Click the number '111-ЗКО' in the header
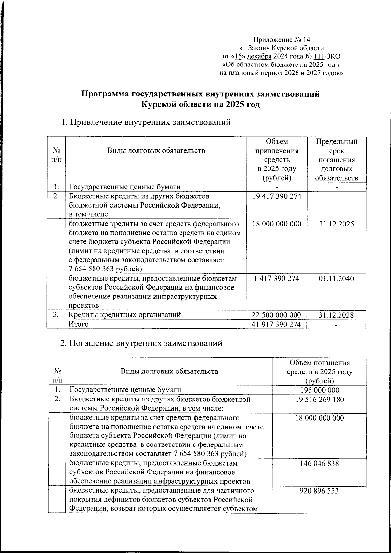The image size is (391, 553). click(325, 56)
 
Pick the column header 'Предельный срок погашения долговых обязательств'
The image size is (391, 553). click(337, 160)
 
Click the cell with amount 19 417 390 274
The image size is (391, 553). click(277, 196)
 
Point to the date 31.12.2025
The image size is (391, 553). click(337, 224)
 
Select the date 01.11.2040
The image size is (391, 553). click(337, 279)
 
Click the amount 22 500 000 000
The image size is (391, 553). click(277, 315)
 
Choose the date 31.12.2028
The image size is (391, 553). click(337, 315)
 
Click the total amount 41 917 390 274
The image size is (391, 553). click(277, 324)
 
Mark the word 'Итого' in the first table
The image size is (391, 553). click(79, 324)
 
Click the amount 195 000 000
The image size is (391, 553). click(319, 390)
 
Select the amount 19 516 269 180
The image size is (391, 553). click(319, 400)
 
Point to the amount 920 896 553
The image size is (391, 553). click(319, 491)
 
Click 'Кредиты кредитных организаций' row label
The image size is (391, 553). click(124, 315)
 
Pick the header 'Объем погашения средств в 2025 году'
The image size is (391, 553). click(319, 371)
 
